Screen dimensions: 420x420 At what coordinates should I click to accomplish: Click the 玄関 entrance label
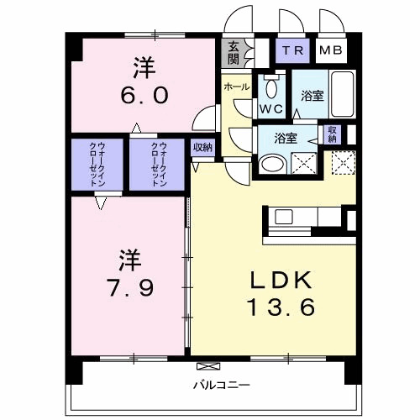pyautogui.click(x=231, y=55)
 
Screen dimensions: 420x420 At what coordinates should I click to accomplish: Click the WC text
pyautogui.click(x=270, y=108)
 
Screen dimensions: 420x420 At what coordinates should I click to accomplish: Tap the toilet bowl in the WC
pyautogui.click(x=270, y=87)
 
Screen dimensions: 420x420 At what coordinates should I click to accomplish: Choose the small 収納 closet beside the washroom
pyautogui.click(x=333, y=134)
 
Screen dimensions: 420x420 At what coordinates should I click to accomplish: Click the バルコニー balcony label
pyautogui.click(x=222, y=385)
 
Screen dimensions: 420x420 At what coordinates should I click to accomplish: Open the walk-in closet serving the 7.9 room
pyautogui.click(x=99, y=164)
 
